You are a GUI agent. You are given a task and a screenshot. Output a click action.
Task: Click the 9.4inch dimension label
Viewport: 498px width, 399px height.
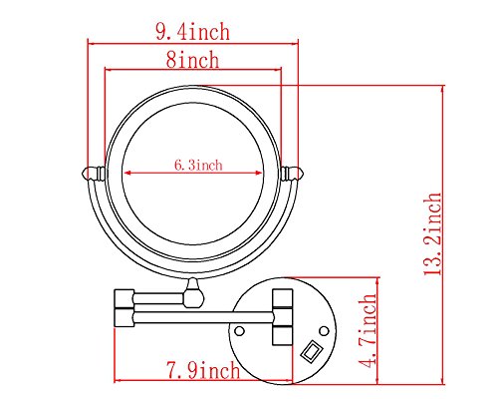(192, 32)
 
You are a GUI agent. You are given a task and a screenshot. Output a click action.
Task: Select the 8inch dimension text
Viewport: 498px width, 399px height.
(192, 60)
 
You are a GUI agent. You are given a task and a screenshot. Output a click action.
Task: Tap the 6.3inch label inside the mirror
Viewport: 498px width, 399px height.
(198, 166)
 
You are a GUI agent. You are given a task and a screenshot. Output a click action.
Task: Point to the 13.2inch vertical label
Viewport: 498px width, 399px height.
(433, 233)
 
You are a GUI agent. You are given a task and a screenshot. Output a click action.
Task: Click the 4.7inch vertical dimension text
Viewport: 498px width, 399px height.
(369, 331)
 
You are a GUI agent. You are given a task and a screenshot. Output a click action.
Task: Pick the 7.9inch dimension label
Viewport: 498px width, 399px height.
(203, 370)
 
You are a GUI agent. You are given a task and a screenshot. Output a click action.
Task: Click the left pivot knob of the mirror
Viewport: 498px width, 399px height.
(93, 174)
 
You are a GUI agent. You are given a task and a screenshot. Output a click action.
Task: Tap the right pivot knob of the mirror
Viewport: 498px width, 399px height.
(293, 174)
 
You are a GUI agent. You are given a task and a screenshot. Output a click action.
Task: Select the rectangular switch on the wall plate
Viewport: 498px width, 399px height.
(311, 351)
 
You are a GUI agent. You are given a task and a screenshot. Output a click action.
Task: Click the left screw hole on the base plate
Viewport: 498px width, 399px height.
(239, 331)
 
